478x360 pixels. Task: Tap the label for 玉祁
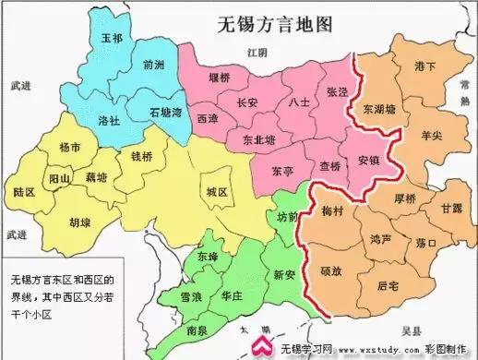112,39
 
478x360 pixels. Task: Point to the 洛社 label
109,120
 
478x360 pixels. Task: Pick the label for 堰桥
220,78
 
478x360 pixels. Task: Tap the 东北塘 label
258,140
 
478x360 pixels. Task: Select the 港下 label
425,66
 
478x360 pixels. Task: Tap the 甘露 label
451,210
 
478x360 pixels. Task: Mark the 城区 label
217,192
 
